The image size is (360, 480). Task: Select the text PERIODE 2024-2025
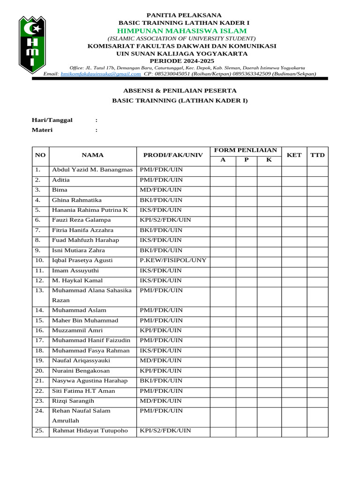click(182, 61)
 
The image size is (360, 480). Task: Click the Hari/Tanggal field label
click(52, 120)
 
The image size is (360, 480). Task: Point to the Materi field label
click(42, 130)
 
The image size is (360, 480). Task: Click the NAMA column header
click(92, 155)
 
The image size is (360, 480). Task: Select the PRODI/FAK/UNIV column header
click(173, 155)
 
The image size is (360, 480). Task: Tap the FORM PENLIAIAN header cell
click(245, 150)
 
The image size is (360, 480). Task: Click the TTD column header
click(317, 155)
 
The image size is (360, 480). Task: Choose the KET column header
click(294, 155)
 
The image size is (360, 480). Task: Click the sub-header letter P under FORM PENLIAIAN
click(246, 160)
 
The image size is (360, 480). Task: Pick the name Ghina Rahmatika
click(77, 200)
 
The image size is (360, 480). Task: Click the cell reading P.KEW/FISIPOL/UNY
click(173, 260)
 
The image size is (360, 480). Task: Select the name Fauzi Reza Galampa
click(82, 220)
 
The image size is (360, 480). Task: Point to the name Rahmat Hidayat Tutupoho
click(90, 430)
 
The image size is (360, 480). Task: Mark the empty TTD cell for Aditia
click(317, 180)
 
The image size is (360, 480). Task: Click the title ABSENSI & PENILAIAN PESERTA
click(180, 90)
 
